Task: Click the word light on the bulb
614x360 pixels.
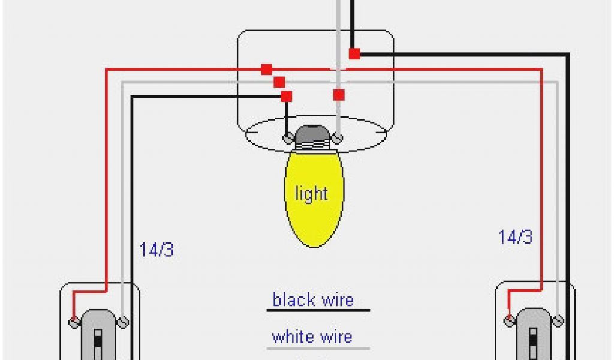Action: (311, 194)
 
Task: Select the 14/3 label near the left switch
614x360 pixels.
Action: (156, 250)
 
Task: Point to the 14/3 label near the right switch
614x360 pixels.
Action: (515, 237)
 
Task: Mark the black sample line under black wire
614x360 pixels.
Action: (318, 311)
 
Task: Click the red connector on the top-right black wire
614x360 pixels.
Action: (354, 53)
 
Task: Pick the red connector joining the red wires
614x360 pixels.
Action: (266, 70)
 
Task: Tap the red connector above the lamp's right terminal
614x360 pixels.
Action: (339, 95)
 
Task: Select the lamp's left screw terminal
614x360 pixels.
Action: (288, 139)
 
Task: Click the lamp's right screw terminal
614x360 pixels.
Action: (338, 139)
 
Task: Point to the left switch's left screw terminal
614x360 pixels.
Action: (74, 322)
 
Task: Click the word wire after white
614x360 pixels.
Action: (335, 337)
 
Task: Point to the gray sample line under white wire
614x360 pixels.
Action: (318, 349)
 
